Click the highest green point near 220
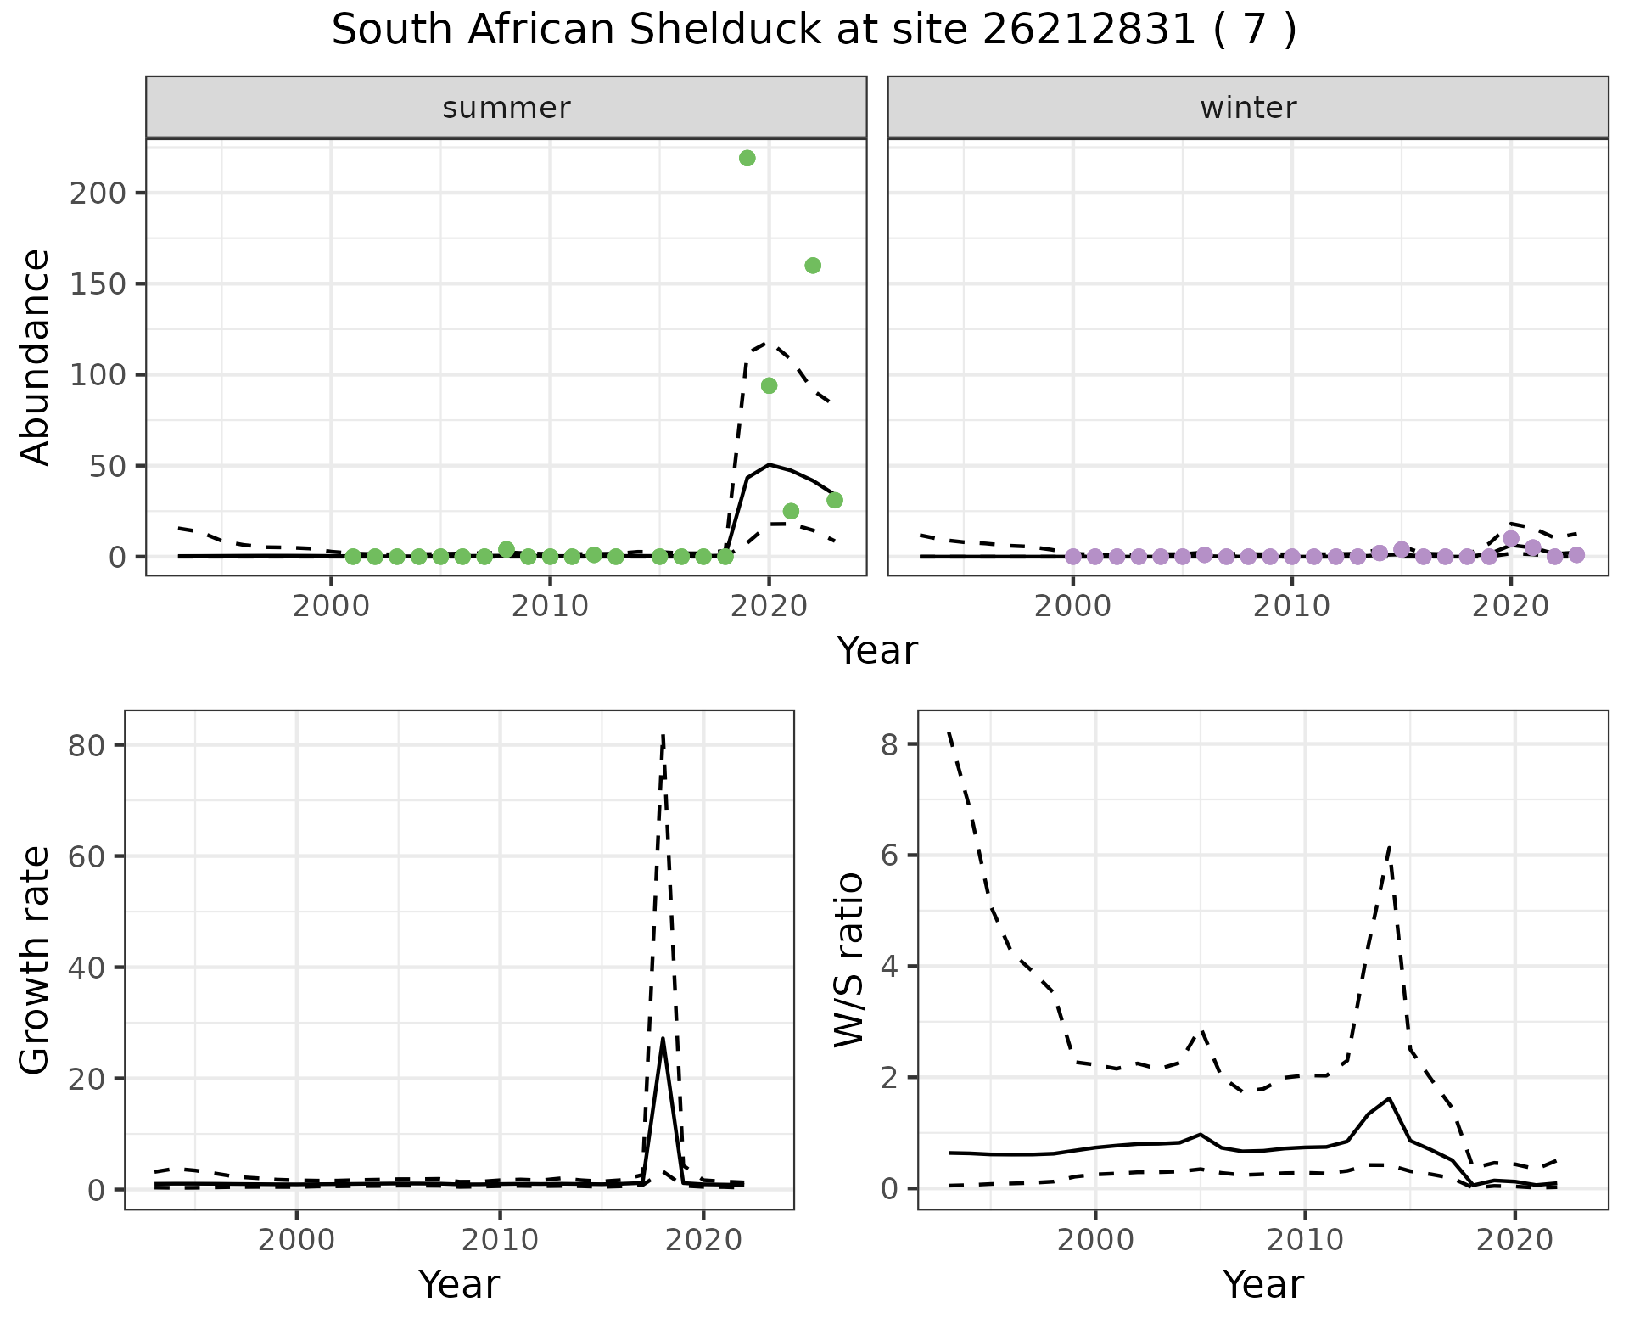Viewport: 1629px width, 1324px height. coord(747,158)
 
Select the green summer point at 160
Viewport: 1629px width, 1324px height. coord(812,266)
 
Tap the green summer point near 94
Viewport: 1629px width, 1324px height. coord(769,385)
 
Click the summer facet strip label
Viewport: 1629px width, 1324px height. coord(507,108)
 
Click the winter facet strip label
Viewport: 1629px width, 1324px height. coord(1248,108)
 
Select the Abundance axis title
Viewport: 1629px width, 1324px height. coord(36,356)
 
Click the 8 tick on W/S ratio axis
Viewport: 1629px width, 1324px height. coord(889,743)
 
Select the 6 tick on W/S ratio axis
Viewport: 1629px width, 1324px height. coord(889,855)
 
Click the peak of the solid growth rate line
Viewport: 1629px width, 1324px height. coord(662,1039)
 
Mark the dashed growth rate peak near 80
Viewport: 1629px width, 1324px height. coord(663,735)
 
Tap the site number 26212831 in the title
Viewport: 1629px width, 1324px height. coord(1089,31)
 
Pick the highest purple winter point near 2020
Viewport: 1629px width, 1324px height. coord(1510,538)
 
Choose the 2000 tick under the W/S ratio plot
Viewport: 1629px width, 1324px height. coord(1094,1241)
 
